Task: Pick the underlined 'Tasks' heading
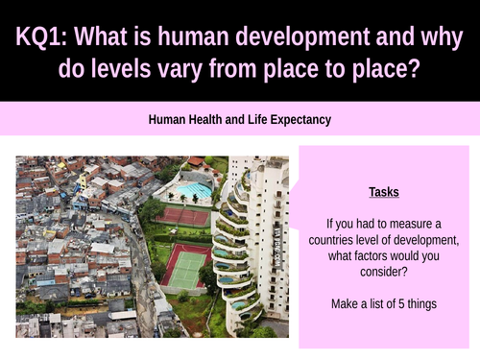(384, 191)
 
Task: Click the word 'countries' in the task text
(349, 239)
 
